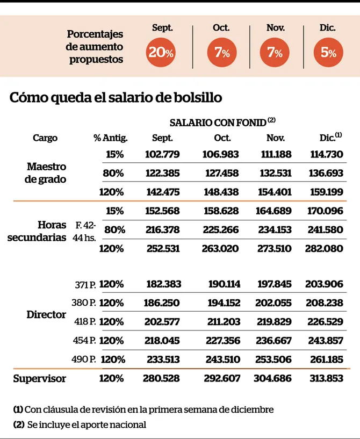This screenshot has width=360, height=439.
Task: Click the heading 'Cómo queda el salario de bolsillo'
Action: [x=116, y=98]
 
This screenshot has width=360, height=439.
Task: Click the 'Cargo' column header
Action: [x=45, y=138]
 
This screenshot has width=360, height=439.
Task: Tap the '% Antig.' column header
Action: [x=111, y=138]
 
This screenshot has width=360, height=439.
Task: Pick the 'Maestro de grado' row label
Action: [x=46, y=173]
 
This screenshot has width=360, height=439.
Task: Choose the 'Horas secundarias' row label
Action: [x=37, y=231]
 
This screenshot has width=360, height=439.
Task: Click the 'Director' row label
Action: [x=46, y=314]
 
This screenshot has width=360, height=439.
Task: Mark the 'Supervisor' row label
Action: [x=39, y=378]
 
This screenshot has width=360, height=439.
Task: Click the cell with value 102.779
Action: [x=162, y=154]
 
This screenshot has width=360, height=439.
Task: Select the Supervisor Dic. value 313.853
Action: [x=326, y=378]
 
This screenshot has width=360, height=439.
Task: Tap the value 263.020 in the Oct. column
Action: [x=222, y=249]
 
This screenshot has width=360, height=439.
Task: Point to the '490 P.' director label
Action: [x=83, y=359]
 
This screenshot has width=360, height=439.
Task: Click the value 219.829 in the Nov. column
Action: [x=274, y=321]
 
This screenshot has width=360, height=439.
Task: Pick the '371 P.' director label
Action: [x=85, y=284]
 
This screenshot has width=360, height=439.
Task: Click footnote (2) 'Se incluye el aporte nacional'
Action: [x=80, y=424]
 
